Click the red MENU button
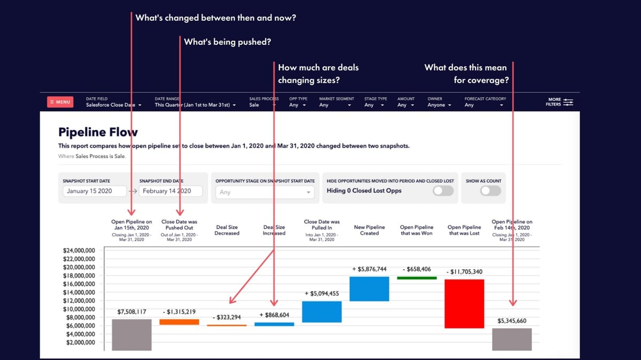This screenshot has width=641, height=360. [x=60, y=102]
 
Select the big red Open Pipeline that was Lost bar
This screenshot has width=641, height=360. [x=464, y=303]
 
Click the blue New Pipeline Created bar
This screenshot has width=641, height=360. [x=369, y=288]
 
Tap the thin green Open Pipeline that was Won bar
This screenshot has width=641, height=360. [x=417, y=278]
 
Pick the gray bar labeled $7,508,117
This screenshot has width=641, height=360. [x=131, y=334]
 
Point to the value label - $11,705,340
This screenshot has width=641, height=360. [x=464, y=272]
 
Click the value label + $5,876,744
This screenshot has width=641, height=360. [x=369, y=269]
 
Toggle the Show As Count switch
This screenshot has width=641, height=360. [x=490, y=191]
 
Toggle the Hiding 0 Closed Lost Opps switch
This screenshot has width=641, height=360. [x=443, y=191]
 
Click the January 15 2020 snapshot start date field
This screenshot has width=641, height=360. [x=95, y=191]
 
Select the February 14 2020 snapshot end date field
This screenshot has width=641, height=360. [x=170, y=191]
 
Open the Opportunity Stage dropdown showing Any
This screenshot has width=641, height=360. [x=265, y=192]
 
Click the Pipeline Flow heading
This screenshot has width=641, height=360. [x=98, y=132]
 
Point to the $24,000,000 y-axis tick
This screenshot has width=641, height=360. [x=79, y=250]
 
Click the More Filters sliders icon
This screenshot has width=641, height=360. [x=568, y=102]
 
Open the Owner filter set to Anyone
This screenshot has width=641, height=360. [x=439, y=105]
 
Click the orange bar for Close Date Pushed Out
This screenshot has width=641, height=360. [x=179, y=322]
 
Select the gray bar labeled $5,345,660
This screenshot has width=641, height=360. [x=511, y=339]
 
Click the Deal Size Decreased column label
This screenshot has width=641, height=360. [x=226, y=230]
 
